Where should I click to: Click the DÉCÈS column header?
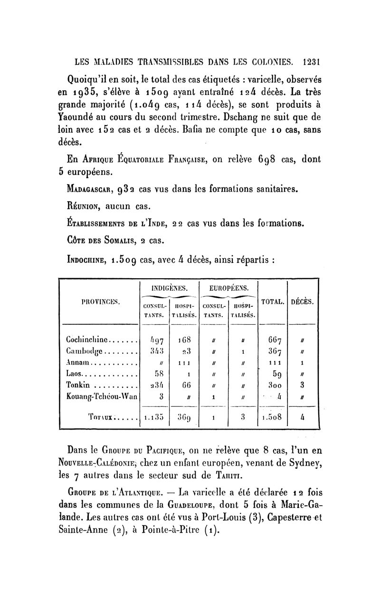pos(304,301)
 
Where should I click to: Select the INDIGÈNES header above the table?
pos(169,288)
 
